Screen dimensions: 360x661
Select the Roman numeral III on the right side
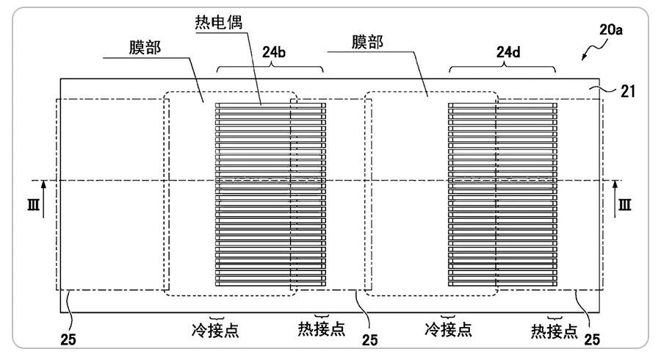(625, 205)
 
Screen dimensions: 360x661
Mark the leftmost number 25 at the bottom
(66, 340)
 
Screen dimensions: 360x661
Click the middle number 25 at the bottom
(369, 340)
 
